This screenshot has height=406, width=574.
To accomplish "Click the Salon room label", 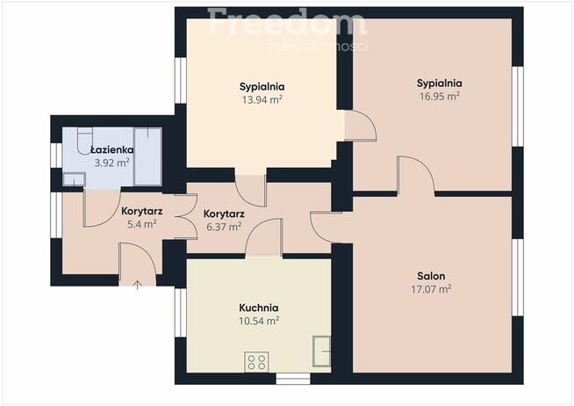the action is click(431, 276).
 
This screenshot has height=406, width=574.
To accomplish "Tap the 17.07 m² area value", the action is click(431, 289).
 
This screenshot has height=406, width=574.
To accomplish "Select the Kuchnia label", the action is click(258, 308).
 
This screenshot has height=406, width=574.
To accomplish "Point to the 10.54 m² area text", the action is click(259, 321).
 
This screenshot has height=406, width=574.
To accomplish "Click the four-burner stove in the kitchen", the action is click(256, 362).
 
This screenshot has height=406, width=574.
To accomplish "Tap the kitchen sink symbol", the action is click(321, 352).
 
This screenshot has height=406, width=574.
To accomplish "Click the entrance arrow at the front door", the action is click(137, 285).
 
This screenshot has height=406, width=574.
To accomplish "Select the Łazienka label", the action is click(112, 149).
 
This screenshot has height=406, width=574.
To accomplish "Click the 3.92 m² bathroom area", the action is click(112, 163).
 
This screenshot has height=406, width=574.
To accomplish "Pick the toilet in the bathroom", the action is click(85, 141).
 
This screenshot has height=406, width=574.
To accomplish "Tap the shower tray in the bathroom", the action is click(148, 156).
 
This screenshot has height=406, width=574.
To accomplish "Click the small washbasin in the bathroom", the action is click(74, 178).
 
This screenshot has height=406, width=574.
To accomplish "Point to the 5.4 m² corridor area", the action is click(141, 224).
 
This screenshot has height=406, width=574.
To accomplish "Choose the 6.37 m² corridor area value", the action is click(224, 227).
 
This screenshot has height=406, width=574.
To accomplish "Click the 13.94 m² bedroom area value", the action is click(262, 99).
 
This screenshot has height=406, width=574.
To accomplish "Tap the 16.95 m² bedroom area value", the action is click(440, 96).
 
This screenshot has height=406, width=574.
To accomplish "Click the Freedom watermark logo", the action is click(287, 22).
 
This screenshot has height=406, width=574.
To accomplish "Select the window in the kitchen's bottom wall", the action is click(293, 379).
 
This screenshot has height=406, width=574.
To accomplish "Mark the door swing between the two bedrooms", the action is click(360, 126).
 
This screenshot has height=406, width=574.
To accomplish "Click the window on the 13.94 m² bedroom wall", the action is click(181, 80).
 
